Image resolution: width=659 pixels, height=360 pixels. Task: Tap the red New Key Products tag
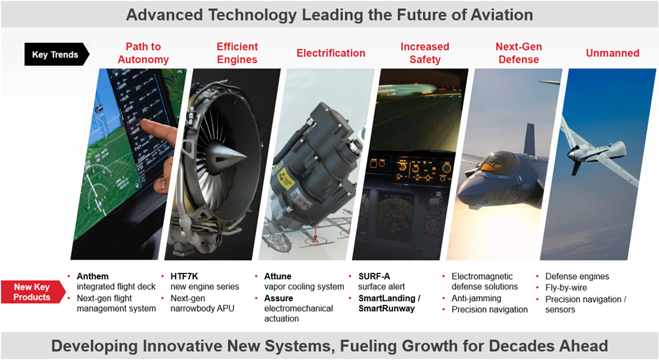(x=33, y=292)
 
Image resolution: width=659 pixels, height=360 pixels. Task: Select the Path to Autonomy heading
(x=143, y=53)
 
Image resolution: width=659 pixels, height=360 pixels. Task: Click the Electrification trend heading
(x=331, y=53)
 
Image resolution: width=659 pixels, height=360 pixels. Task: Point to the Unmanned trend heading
(x=613, y=53)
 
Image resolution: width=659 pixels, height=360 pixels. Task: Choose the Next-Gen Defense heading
(x=518, y=53)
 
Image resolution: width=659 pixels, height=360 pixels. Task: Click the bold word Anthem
(x=92, y=277)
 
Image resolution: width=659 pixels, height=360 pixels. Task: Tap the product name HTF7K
(x=184, y=277)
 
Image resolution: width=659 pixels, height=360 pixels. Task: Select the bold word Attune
(x=278, y=277)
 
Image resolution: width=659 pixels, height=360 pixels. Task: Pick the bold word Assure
(x=279, y=299)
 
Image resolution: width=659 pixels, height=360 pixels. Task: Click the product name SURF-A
(x=374, y=277)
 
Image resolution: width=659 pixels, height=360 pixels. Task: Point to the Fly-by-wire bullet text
(x=566, y=288)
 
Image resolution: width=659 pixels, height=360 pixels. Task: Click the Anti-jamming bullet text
(x=476, y=299)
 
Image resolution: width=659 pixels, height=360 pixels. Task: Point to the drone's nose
(x=572, y=153)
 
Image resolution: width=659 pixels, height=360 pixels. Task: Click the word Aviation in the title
(x=502, y=14)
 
